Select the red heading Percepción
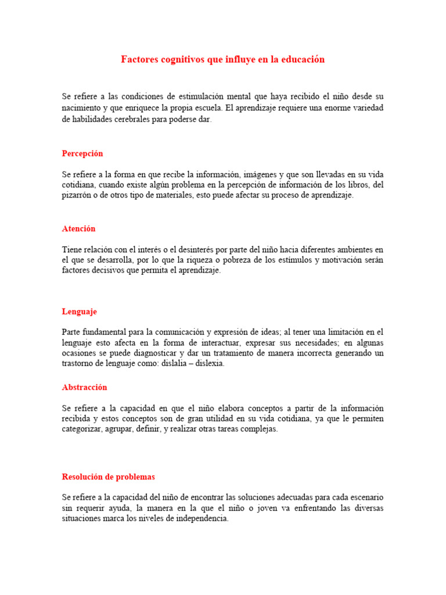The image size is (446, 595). [x=82, y=153]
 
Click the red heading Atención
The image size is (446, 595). [x=78, y=229]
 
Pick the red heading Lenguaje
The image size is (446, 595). [x=79, y=312]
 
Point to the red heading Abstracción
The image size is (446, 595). [x=84, y=388]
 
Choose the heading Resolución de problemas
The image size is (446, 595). [x=108, y=477]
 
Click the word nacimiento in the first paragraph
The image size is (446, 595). [x=82, y=108]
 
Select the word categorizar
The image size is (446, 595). [x=82, y=429]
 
